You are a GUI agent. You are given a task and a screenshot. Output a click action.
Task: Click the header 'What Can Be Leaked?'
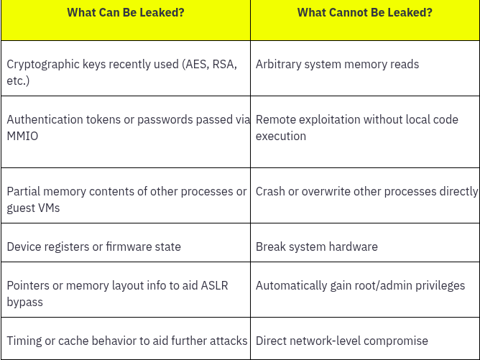125,13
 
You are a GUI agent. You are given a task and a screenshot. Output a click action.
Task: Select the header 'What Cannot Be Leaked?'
364,13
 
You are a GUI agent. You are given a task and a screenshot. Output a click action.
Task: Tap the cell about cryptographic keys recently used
122,72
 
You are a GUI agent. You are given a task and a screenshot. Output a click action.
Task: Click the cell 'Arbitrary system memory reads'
337,64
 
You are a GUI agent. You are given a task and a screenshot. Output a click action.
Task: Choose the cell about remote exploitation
357,127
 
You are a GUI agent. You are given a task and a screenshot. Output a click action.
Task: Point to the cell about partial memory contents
126,199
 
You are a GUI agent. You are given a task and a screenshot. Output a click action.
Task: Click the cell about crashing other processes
366,191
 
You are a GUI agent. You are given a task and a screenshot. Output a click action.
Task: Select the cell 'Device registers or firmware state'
93,246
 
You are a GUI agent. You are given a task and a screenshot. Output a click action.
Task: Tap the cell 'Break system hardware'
316,246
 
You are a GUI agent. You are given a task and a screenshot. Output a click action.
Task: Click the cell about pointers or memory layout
117,293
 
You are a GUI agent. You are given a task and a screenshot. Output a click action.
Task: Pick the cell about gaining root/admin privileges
360,285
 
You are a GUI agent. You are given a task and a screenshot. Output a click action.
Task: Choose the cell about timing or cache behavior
127,341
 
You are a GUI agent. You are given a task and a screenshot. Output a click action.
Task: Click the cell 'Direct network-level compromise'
341,341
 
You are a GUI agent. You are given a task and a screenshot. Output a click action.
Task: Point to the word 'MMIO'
22,136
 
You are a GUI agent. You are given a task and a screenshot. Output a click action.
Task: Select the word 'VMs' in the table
48,208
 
